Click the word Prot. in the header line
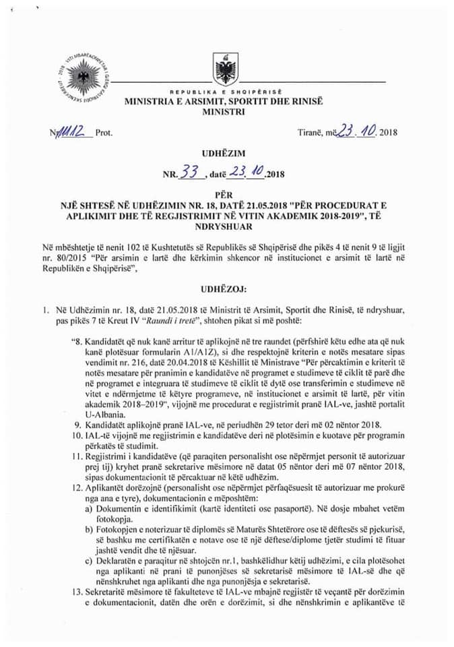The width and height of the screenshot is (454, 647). coord(104,133)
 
